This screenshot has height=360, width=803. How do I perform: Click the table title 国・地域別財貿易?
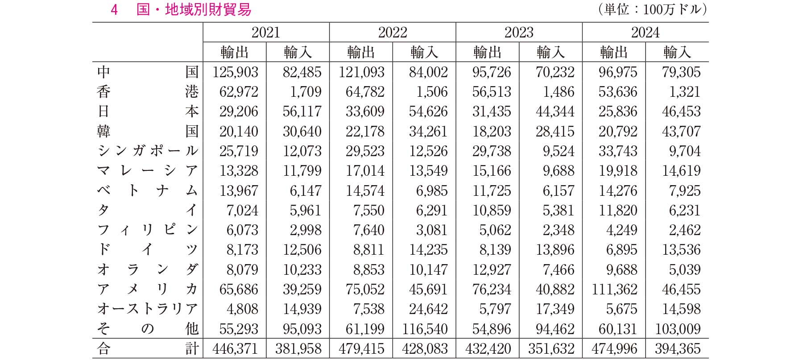pos(194,10)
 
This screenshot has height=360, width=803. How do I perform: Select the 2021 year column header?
pos(266,33)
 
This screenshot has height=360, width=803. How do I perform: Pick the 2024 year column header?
pos(645,33)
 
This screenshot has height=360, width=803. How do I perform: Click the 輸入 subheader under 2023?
pos(551,52)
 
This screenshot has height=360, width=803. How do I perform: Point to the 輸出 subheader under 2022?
pos(361,52)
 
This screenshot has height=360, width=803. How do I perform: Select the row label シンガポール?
pos(148,151)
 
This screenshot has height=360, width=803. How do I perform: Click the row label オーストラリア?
pos(148,309)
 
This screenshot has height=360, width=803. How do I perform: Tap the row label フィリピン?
pos(148,230)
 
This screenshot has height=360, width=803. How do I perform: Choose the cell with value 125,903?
pos(235,72)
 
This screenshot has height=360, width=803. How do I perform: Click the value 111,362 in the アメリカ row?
pos(614,290)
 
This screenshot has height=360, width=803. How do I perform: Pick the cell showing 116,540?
pos(425,329)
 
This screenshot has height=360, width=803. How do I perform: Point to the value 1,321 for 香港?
pos(685,92)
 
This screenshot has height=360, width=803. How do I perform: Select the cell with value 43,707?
pos(681,132)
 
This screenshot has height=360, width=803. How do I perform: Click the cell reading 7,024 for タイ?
pos(242,211)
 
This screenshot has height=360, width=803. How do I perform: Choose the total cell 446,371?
pos(235,349)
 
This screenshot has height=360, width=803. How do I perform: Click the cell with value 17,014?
pos(365,171)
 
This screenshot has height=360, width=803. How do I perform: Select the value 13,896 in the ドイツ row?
pos(555,250)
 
